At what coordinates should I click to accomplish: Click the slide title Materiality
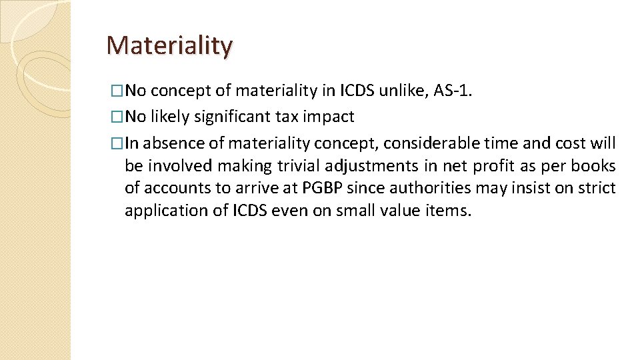[x=169, y=45]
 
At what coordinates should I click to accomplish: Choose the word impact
[x=329, y=117]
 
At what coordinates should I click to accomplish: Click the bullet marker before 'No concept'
[x=118, y=90]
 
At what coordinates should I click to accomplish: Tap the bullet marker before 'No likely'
[x=118, y=117]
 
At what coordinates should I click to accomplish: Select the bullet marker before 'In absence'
[x=118, y=144]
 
